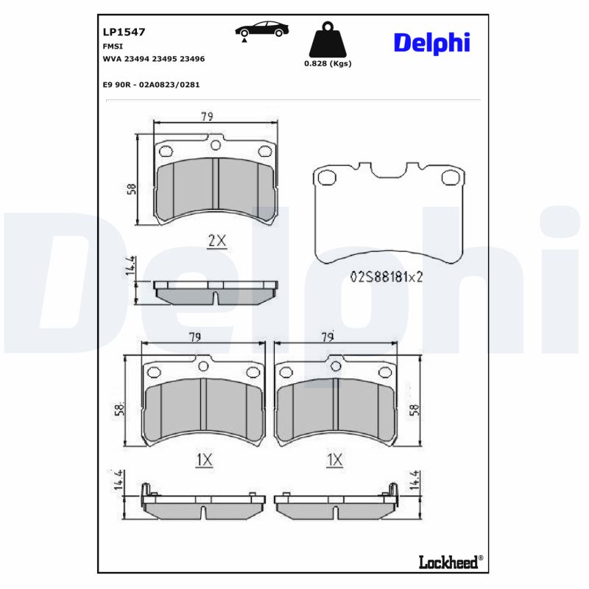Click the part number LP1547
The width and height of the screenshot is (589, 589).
coord(124,32)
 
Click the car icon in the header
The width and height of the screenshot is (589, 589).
coord(261,30)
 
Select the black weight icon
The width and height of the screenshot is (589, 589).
coord(328,41)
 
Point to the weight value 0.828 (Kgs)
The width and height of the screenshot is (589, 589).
coord(328,63)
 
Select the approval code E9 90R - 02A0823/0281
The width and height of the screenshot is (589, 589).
coord(152,85)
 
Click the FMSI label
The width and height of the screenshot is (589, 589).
coord(113,46)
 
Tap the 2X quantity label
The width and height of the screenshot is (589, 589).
coord(216,241)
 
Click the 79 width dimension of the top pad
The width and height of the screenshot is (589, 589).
coord(207,116)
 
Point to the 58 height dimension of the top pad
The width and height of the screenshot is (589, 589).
coord(131,188)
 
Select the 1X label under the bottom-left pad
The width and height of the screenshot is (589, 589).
coord(204,460)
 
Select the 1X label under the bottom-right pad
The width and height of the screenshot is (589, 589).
coord(335,460)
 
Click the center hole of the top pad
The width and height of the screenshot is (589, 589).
coord(215,146)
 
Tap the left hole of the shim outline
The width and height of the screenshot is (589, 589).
coord(327,177)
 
